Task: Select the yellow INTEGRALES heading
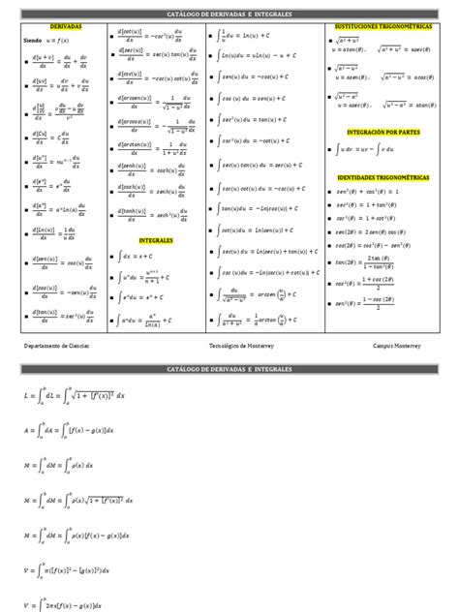pos(155,238)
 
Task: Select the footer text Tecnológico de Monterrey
pos(242,344)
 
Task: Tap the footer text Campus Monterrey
pos(398,344)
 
